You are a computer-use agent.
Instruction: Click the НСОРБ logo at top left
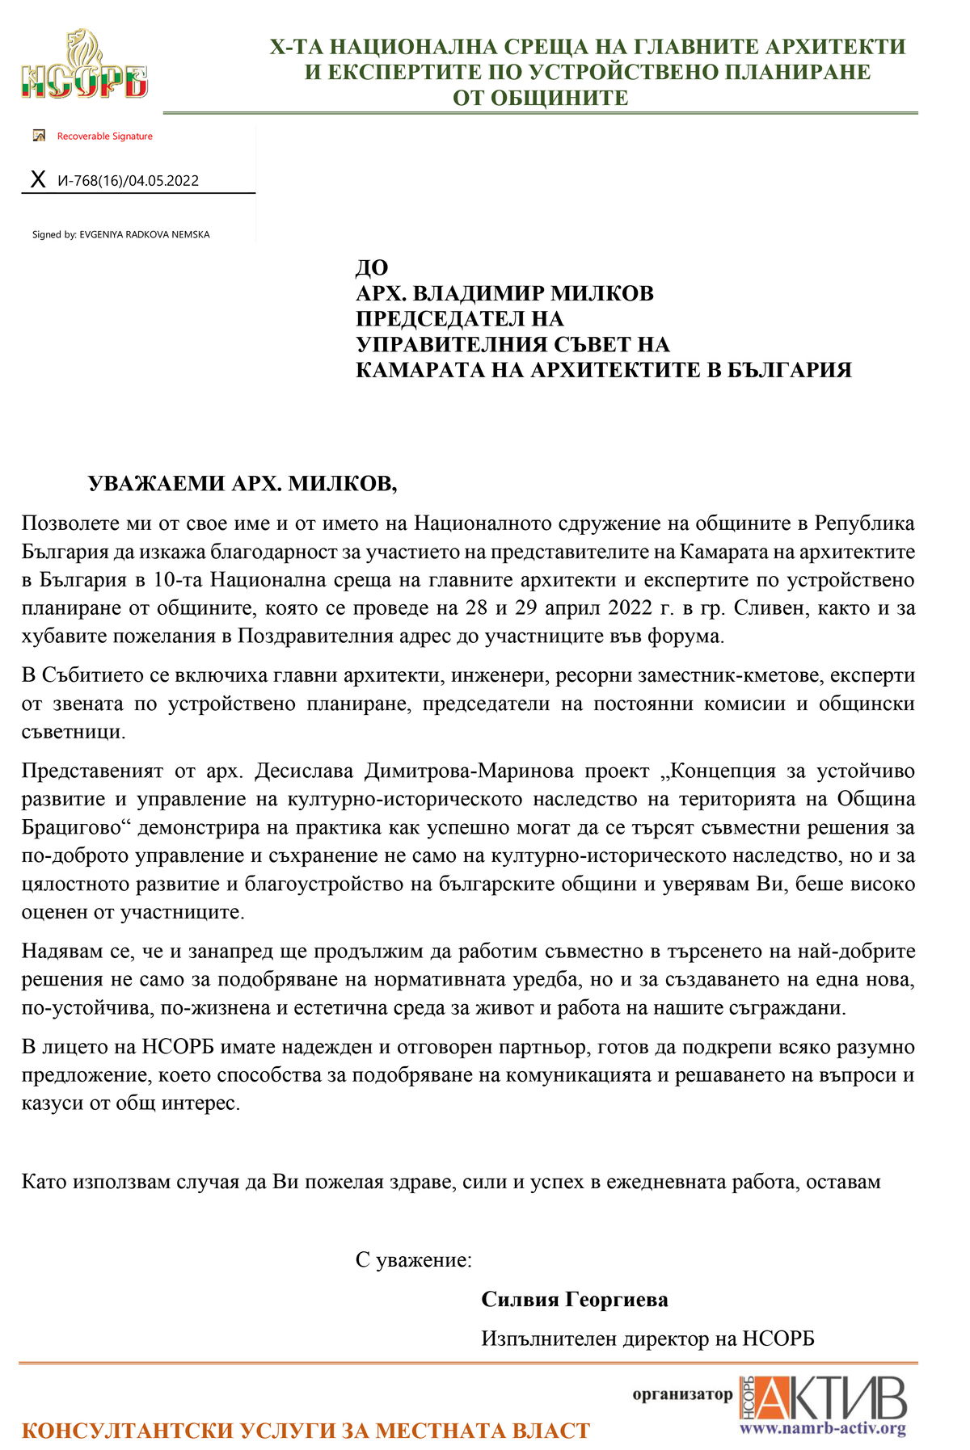click(x=84, y=66)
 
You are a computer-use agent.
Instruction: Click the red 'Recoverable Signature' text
click(x=104, y=137)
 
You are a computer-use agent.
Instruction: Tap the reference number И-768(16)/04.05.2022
click(x=128, y=181)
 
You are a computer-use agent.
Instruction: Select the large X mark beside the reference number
click(x=37, y=179)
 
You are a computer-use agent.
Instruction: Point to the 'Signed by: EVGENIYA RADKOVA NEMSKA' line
click(x=120, y=235)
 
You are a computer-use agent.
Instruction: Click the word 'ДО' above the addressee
click(x=372, y=267)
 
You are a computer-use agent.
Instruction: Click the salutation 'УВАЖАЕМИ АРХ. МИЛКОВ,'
click(x=242, y=484)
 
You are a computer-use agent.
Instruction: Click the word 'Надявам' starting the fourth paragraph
click(x=58, y=952)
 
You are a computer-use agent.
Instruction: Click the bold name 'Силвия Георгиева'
click(x=575, y=1300)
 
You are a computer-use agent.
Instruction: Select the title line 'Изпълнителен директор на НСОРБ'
click(x=647, y=1339)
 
